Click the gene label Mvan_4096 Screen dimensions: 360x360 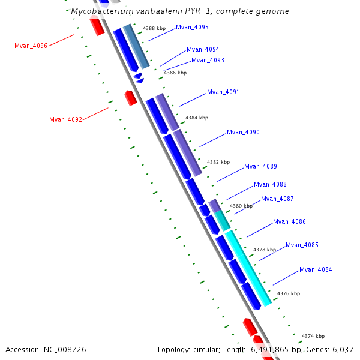[x=31, y=46]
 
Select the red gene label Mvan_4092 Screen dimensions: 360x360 [x=65, y=119]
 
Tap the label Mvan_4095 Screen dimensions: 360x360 [x=192, y=28]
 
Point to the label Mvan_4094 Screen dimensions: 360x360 [x=203, y=50]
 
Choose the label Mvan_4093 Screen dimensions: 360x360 [x=208, y=60]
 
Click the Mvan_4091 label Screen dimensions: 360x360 [x=223, y=92]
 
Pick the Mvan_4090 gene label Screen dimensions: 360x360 [x=243, y=132]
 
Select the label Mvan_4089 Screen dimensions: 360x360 [x=260, y=166]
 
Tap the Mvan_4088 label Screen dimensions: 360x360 [x=270, y=185]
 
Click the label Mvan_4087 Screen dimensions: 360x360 [x=277, y=199]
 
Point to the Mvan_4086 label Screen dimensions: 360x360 [x=289, y=221]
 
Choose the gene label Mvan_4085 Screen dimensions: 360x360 [x=302, y=245]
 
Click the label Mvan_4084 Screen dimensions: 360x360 [x=316, y=269]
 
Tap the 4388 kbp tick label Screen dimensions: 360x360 [x=154, y=28]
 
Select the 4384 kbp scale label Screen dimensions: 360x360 [x=197, y=118]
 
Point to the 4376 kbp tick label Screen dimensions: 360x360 [x=289, y=293]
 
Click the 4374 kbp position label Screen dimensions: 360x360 [x=313, y=336]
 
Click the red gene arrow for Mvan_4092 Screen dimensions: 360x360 [x=130, y=97]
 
